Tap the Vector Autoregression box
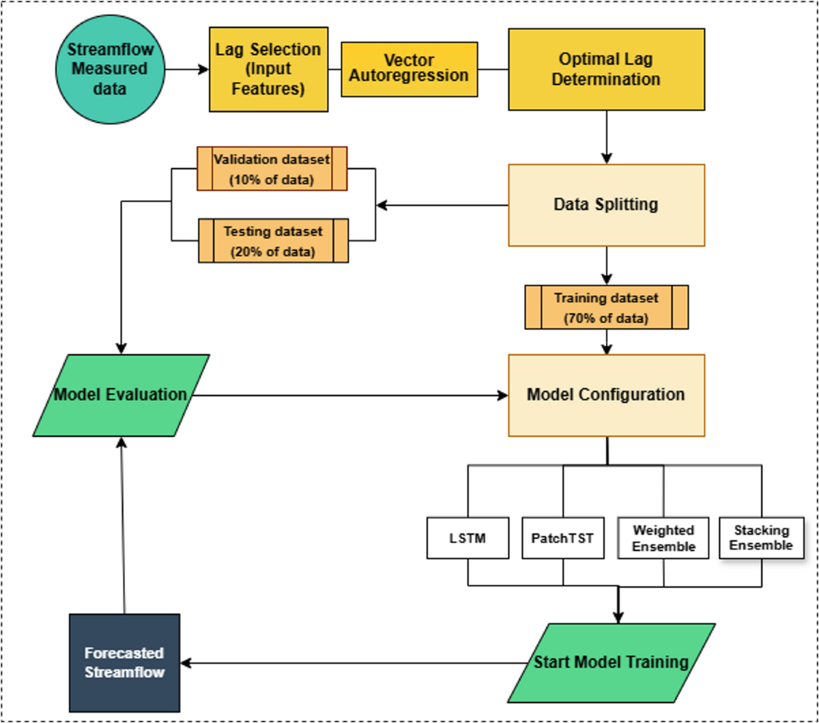pos(409,69)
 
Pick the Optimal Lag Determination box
pos(606,69)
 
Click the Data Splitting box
pos(606,205)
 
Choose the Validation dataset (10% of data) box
pos(272,168)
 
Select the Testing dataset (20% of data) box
pos(272,240)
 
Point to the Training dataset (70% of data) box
pos(606,307)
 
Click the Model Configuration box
pos(606,395)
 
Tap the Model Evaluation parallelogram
pos(121,395)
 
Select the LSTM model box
pos(468,538)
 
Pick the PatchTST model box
pos(563,538)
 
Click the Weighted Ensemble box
pos(663,538)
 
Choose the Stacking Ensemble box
pos(762,538)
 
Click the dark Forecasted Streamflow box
pos(125,662)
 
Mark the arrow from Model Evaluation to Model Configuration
pos(348,395)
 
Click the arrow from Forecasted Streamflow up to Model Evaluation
pos(123,525)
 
